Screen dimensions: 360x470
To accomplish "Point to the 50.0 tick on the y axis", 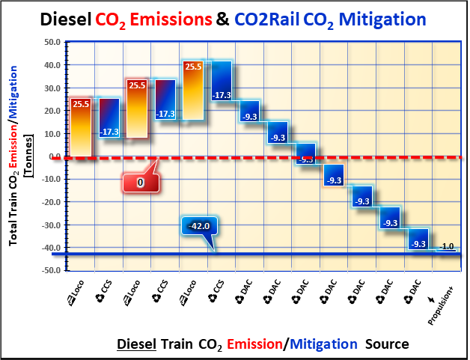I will point(51,43).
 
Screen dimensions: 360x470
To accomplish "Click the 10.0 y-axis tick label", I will point(51,134).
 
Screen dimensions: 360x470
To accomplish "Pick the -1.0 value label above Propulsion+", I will point(447,246).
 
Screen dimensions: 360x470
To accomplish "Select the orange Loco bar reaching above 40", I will point(193,90).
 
